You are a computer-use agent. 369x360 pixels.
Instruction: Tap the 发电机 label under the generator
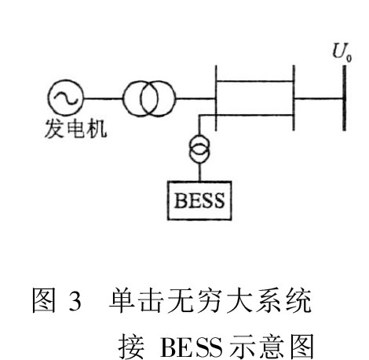(x=76, y=129)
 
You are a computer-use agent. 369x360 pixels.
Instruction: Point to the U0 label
(x=342, y=52)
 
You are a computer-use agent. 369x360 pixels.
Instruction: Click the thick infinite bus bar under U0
(x=345, y=97)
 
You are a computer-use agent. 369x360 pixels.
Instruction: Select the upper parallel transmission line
(x=254, y=82)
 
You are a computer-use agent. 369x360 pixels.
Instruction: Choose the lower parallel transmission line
(x=254, y=115)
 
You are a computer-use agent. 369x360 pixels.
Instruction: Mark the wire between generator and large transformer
(x=104, y=99)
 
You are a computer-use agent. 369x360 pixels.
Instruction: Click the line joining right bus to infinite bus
(x=319, y=99)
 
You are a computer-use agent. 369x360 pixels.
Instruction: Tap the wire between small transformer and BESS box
(x=199, y=172)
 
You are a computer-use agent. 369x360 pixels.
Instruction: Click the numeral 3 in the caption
(x=75, y=300)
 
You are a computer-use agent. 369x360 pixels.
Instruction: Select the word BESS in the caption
(x=191, y=347)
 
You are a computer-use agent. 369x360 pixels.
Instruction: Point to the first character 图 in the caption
(x=44, y=300)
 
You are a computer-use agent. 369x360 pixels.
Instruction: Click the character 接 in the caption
(x=131, y=347)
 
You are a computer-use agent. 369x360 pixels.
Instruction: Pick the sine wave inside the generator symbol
(x=66, y=98)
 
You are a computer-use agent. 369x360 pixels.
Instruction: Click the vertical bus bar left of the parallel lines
(x=216, y=97)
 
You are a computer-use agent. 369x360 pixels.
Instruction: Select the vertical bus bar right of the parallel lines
(x=294, y=97)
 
